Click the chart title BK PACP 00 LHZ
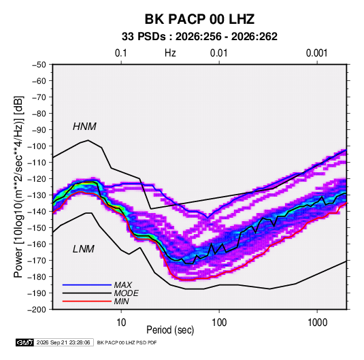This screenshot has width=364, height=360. pyautogui.click(x=199, y=19)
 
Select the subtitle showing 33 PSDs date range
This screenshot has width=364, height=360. pyautogui.click(x=199, y=37)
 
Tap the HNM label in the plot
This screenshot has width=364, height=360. pyautogui.click(x=84, y=127)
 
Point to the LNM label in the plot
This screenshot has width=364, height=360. pyautogui.click(x=84, y=249)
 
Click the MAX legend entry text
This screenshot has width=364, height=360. pyautogui.click(x=123, y=285)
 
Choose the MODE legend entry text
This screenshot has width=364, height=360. pyautogui.click(x=127, y=293)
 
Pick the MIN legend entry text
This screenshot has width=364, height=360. pyautogui.click(x=121, y=301)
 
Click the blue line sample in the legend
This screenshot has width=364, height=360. pyautogui.click(x=87, y=284)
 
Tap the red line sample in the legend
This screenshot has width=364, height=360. pyautogui.click(x=87, y=301)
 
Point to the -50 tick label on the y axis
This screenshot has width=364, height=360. pyautogui.click(x=39, y=65)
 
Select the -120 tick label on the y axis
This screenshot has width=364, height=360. pyautogui.click(x=37, y=179)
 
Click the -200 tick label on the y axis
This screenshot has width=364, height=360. pyautogui.click(x=37, y=310)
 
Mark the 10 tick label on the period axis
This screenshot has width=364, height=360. pyautogui.click(x=121, y=323)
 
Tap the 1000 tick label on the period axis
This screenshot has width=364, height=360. pyautogui.click(x=317, y=323)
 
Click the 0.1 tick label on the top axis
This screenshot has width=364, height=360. pyautogui.click(x=121, y=53)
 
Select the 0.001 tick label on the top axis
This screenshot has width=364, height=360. pyautogui.click(x=316, y=53)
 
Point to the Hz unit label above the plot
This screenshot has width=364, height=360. pyautogui.click(x=170, y=53)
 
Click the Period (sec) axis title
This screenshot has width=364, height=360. pyautogui.click(x=170, y=330)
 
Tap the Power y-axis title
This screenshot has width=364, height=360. pyautogui.click(x=18, y=187)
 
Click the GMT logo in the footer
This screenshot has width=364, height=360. pyautogui.click(x=24, y=342)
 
